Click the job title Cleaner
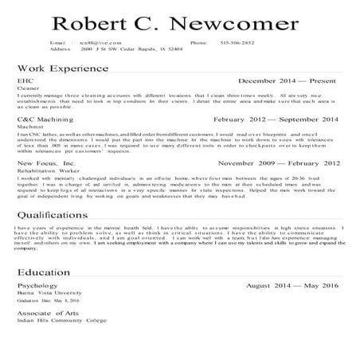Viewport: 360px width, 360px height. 27,89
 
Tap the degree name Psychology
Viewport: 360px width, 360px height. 37,284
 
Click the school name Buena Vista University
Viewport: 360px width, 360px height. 49,292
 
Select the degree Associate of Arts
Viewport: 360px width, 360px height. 47,313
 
